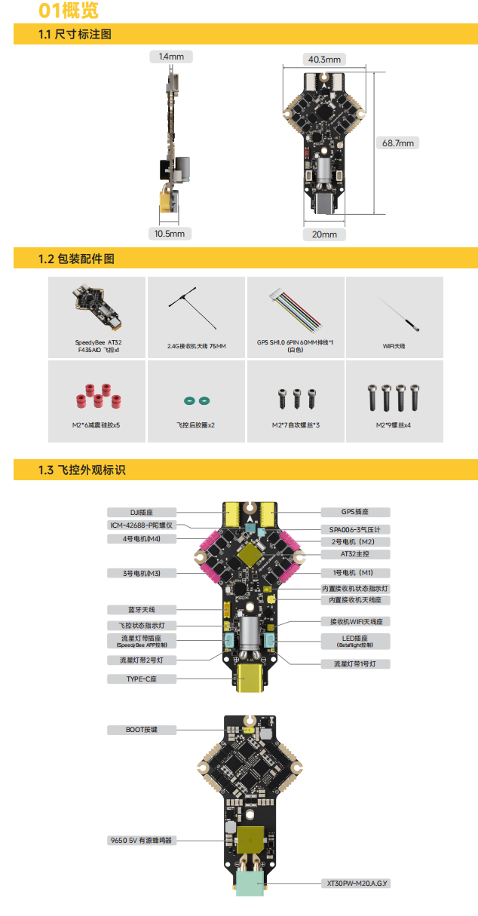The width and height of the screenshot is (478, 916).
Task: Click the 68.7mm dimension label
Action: [397, 143]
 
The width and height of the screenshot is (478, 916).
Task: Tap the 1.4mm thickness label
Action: [171, 57]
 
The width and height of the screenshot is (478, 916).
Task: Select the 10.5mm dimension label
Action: [170, 234]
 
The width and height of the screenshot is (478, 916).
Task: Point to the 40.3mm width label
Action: [324, 60]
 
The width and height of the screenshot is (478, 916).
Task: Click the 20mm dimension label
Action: [324, 234]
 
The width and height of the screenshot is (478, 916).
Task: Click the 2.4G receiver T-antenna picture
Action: [193, 308]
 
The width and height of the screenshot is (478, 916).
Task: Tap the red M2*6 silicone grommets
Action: [98, 397]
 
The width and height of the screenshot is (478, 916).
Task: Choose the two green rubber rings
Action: [197, 401]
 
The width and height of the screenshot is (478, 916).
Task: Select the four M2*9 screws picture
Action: [394, 397]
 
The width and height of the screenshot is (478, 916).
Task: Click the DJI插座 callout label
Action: [142, 513]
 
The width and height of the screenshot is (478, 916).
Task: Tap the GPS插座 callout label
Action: [355, 512]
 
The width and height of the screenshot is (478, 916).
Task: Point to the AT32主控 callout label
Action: [355, 554]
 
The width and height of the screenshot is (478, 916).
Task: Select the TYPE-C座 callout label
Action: [142, 679]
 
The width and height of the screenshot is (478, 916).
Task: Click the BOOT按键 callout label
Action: [142, 730]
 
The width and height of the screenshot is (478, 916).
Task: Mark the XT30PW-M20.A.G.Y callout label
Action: [357, 884]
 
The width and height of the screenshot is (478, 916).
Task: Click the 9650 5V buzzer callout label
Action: [142, 841]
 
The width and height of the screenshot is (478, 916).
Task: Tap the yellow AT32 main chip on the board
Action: [250, 556]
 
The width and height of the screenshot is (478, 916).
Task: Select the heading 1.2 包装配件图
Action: [76, 259]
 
